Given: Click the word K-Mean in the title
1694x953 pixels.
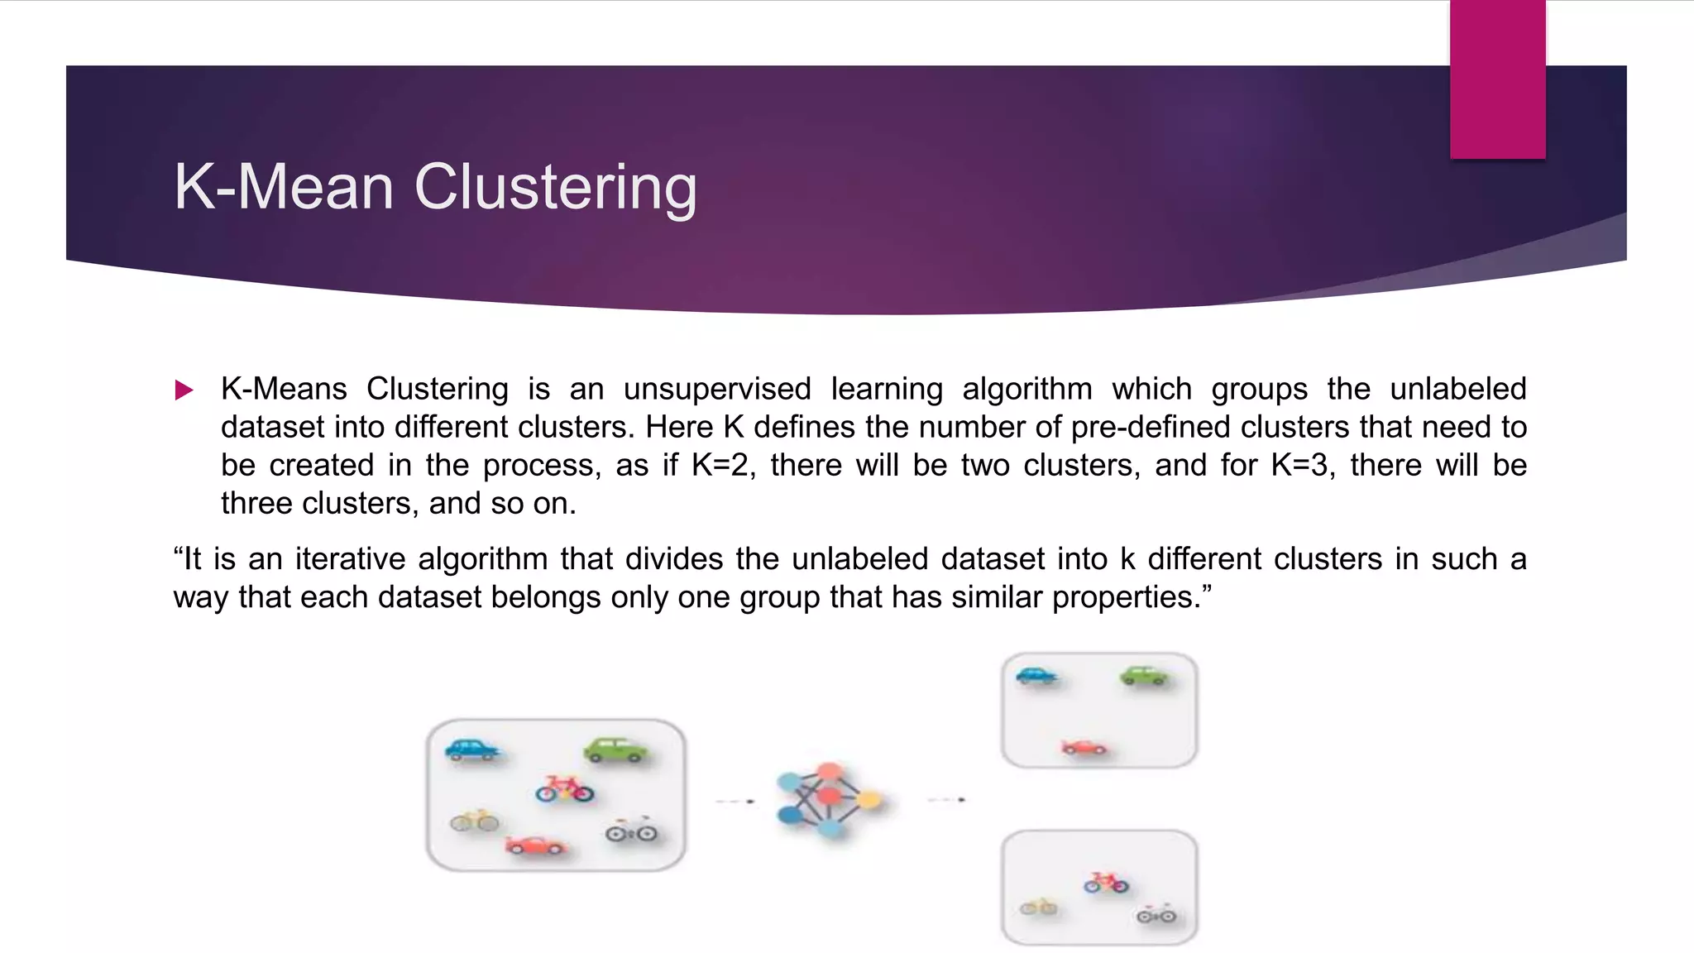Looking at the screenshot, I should point(284,187).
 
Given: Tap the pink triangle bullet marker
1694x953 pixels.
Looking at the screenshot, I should point(184,390).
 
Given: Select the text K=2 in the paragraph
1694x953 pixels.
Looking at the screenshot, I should point(723,465).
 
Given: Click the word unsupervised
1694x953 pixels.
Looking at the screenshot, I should point(717,389).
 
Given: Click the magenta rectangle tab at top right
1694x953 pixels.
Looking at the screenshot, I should point(1497,79).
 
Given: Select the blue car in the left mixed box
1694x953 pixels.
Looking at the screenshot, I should point(472,749).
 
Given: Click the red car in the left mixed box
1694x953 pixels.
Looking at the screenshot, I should point(535,845).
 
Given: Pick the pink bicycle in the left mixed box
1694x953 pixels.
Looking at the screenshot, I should point(564,789).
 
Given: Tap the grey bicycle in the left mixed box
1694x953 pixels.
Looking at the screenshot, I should point(631,831).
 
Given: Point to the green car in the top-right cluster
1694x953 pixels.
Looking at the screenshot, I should point(1144,676).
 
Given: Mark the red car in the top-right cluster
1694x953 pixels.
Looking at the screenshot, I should point(1084,747).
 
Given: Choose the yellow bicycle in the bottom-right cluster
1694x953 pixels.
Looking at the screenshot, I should point(1038,908).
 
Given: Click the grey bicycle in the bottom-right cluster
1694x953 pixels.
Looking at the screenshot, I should point(1156,915).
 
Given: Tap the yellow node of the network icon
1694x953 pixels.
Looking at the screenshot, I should point(869,799).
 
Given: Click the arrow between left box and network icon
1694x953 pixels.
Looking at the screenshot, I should point(735,801).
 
